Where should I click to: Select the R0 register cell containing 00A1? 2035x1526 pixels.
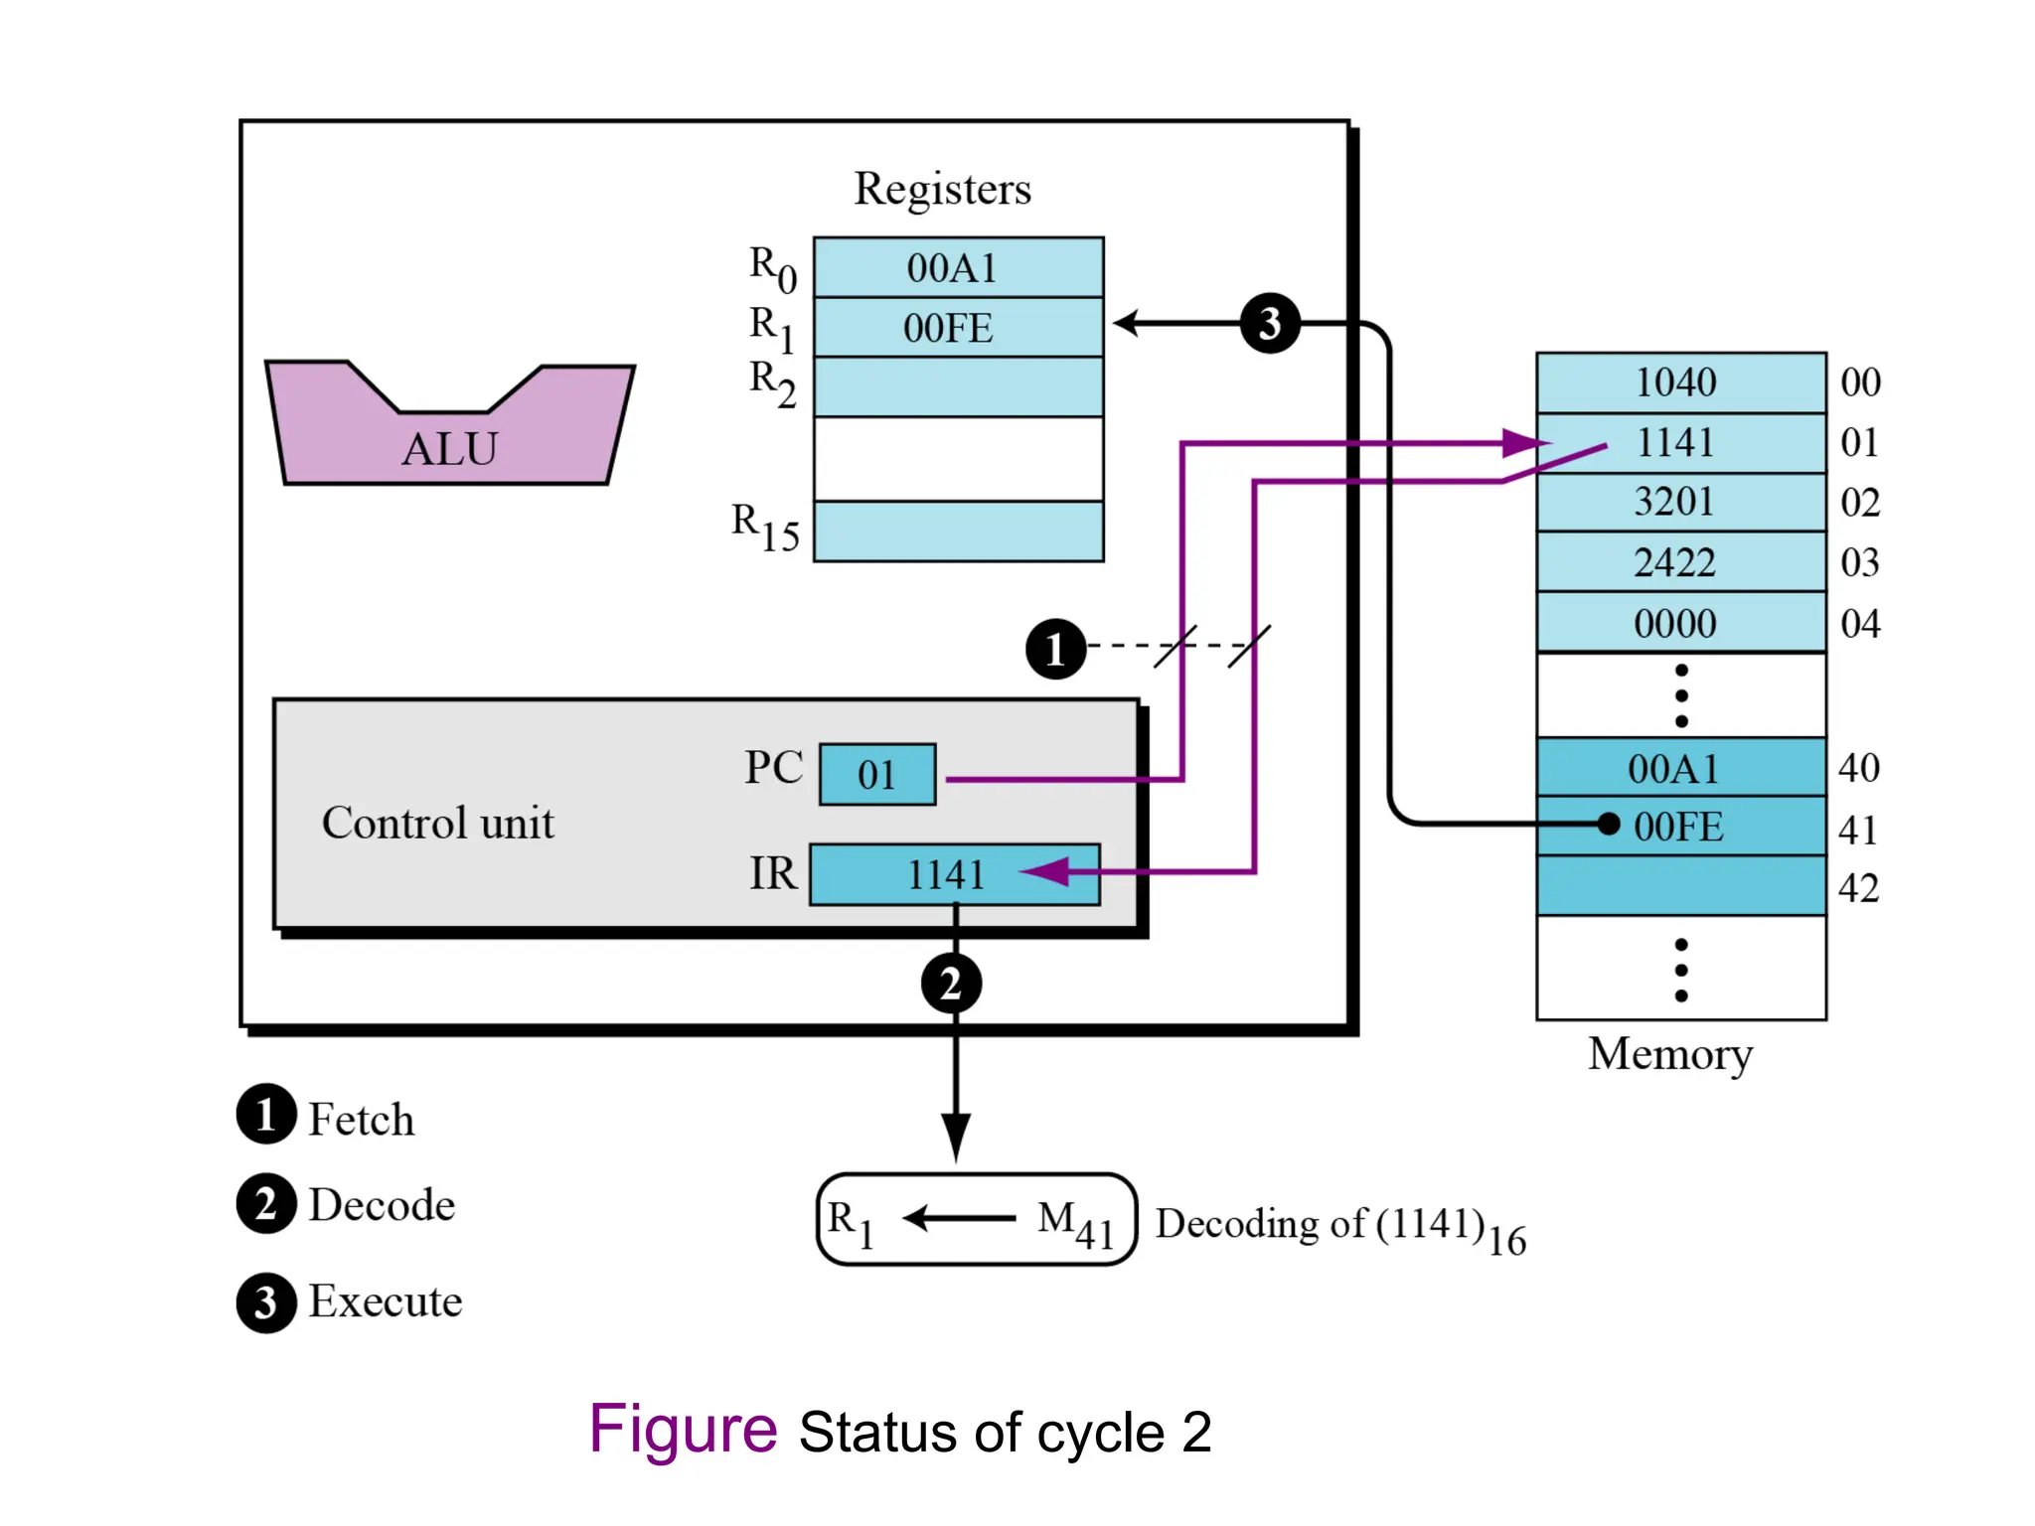coord(957,268)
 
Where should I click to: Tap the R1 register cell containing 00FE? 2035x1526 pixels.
coord(957,328)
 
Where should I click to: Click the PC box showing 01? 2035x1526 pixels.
coord(876,774)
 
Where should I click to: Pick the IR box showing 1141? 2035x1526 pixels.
coord(953,874)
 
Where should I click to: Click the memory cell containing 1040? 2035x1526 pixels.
coord(1679,382)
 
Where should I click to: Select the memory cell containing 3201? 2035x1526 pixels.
coord(1679,502)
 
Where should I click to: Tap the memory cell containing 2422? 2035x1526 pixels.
coord(1679,562)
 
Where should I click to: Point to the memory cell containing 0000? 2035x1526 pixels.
coord(1679,623)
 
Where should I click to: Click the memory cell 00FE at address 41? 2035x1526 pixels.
coord(1679,826)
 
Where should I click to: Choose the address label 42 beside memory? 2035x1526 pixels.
coord(1858,887)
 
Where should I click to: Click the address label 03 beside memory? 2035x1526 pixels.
coord(1859,562)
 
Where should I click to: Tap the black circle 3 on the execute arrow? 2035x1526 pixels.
coord(1269,324)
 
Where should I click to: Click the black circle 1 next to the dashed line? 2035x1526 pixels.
coord(1055,649)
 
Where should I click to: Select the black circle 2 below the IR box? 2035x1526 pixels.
coord(951,984)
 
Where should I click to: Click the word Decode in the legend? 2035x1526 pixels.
coord(382,1204)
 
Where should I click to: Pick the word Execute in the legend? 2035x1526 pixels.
coord(386,1300)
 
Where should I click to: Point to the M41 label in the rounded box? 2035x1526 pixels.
coord(1075,1223)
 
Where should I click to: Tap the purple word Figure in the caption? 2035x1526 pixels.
coord(683,1430)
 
